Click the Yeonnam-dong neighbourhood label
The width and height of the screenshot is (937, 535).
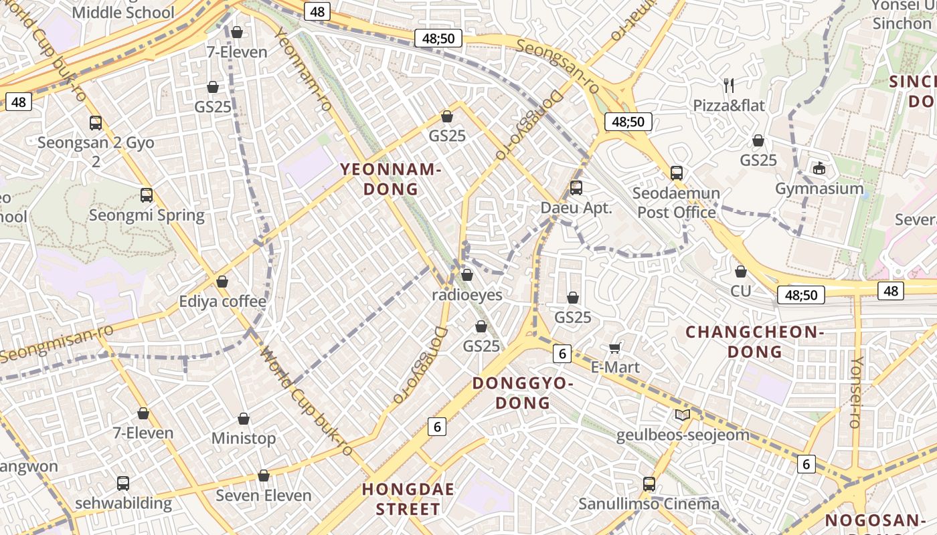(391, 179)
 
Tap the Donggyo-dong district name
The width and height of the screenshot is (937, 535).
(523, 393)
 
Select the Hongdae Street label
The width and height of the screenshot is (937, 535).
(408, 499)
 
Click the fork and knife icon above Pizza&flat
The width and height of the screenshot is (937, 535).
(729, 85)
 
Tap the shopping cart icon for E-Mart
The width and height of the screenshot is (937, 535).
(614, 348)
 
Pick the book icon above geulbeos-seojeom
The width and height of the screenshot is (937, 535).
(682, 415)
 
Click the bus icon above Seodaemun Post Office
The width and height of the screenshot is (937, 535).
(677, 173)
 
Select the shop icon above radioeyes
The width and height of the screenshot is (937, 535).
(467, 275)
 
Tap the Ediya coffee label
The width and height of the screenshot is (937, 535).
(222, 302)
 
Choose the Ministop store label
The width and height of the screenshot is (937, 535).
(244, 439)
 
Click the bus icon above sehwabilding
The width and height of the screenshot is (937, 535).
(123, 483)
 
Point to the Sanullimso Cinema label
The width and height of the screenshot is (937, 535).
(649, 504)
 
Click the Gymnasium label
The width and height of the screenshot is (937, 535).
(819, 189)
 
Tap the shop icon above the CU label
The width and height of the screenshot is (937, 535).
(741, 272)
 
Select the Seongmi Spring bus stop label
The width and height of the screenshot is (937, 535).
(147, 215)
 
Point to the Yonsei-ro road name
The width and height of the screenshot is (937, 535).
(855, 392)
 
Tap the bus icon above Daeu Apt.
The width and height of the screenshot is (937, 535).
(576, 188)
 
